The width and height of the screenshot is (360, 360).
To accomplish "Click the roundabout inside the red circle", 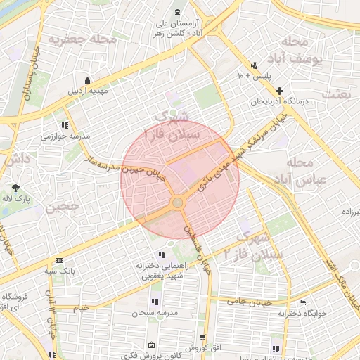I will click(x=177, y=203).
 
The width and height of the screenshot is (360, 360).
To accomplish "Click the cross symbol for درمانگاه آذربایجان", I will click(x=280, y=91).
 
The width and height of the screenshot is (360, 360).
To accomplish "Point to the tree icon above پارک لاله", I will click(x=16, y=188).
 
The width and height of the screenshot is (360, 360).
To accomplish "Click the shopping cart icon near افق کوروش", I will click(x=202, y=337).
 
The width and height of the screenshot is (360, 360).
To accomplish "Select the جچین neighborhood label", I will click(x=58, y=208).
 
